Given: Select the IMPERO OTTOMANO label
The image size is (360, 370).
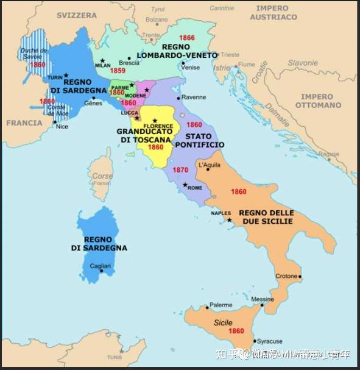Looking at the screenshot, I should pyautogui.click(x=321, y=101).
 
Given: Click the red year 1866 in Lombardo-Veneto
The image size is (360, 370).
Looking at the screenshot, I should pyautogui.click(x=187, y=38).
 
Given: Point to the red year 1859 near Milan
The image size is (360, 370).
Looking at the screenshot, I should pyautogui.click(x=118, y=71).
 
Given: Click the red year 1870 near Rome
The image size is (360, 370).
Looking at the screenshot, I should pyautogui.click(x=180, y=170).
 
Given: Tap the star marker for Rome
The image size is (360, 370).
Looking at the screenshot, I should pyautogui.click(x=185, y=185).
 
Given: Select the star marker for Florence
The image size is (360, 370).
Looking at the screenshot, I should pyautogui.click(x=155, y=121).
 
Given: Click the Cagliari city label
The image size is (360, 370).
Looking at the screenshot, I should pyautogui.click(x=99, y=266).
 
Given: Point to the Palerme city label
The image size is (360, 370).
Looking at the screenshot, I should pyautogui.click(x=221, y=305).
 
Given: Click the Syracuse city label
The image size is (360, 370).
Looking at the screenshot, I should pyautogui.click(x=269, y=341).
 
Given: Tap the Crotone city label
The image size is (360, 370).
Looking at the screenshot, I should pyautogui.click(x=286, y=276).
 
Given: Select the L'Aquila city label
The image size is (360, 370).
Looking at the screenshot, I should pyautogui.click(x=209, y=165).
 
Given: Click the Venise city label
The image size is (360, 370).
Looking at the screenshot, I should pyautogui.click(x=190, y=67).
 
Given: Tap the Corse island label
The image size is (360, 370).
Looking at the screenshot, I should pyautogui.click(x=102, y=176).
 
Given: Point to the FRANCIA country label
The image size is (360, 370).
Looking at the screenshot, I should pyautogui.click(x=24, y=123).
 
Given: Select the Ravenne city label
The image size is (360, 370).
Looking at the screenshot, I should pyautogui.click(x=194, y=97).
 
